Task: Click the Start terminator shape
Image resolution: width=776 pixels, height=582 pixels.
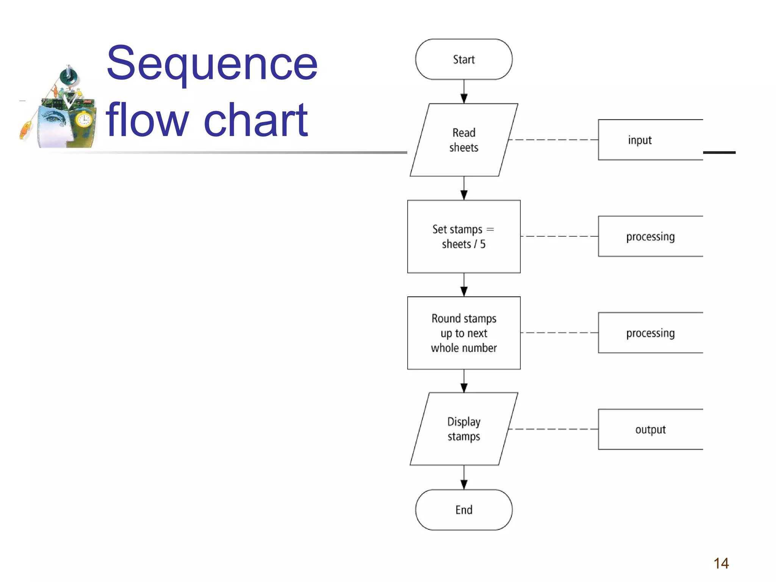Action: point(464,59)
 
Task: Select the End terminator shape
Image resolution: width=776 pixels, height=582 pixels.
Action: point(464,510)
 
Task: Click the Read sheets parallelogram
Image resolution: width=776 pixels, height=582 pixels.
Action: point(464,140)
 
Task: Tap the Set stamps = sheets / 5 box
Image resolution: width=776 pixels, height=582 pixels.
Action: point(464,236)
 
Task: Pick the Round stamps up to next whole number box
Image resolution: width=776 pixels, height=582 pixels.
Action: point(464,333)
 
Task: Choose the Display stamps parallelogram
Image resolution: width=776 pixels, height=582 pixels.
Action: point(464,429)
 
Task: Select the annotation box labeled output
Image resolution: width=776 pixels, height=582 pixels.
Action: point(650,429)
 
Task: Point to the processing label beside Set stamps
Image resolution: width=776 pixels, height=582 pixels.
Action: point(650,236)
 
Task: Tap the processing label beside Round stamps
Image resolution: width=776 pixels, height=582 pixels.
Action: point(650,333)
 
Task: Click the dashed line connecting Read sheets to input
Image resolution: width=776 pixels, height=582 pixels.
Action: point(553,140)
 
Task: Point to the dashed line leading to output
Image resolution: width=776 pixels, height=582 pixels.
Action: point(553,429)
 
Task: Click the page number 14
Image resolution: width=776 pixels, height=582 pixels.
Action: point(721,563)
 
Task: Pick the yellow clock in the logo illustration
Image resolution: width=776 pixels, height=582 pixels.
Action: point(83,120)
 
